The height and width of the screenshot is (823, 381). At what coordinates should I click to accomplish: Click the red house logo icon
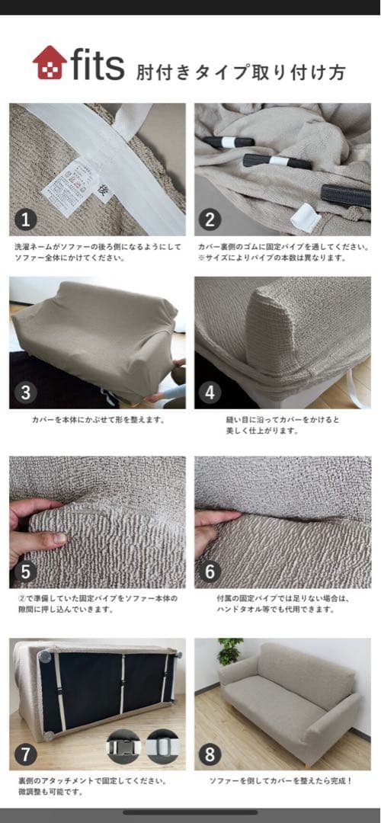50,63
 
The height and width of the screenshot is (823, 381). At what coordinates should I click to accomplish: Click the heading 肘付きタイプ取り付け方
241,72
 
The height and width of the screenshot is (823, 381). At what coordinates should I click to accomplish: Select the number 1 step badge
27,219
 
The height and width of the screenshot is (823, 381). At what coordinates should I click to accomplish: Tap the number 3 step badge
27,393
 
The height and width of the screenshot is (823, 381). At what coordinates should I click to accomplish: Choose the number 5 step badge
27,571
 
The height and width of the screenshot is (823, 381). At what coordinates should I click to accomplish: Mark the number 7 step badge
27,754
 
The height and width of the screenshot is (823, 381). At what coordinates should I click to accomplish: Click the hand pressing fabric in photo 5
34,530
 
